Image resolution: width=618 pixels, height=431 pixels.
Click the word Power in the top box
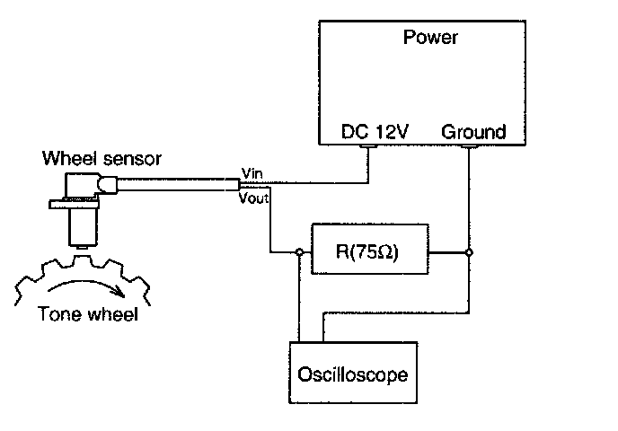tap(431, 38)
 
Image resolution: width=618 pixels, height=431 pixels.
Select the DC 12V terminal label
tap(375, 132)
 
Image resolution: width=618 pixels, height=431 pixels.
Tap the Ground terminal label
tap(473, 132)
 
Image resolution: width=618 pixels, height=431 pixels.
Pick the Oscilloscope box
tap(353, 372)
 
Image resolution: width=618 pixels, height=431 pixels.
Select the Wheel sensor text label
tap(102, 160)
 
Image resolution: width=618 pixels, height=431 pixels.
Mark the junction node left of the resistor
tap(297, 253)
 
